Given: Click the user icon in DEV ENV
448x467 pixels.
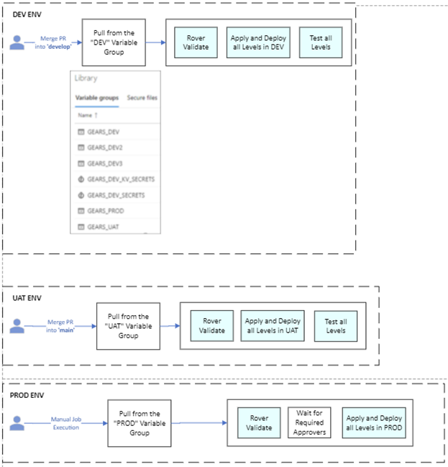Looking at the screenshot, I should point(17,42).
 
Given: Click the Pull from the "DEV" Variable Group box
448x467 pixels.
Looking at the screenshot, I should point(114,42).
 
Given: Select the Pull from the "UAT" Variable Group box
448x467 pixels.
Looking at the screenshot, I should point(128,325).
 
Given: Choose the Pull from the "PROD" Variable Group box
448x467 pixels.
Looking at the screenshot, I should point(140,423).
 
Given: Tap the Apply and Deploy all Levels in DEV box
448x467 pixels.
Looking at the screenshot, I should point(257,42).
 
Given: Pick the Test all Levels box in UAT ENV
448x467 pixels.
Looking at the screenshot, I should point(335,325).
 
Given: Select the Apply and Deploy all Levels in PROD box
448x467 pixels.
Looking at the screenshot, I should point(375,423).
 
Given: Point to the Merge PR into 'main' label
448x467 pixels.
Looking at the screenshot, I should point(61,325).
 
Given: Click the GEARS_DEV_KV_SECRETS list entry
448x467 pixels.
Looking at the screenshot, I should point(120,178).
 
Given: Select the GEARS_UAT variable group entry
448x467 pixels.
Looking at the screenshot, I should point(104,227).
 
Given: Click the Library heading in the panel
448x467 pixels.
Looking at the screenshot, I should point(86,78).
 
